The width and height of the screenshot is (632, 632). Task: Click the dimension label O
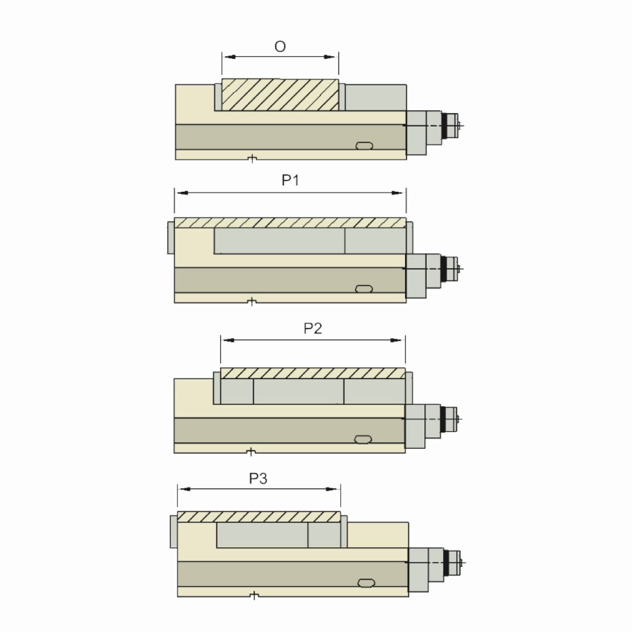coord(280,47)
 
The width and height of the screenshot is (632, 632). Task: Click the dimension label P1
coord(290,181)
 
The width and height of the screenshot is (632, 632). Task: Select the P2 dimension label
coord(313,329)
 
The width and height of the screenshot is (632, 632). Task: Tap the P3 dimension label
coord(258,478)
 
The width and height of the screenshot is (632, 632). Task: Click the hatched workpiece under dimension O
coord(280,95)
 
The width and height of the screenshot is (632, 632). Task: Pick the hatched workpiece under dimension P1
coord(290,223)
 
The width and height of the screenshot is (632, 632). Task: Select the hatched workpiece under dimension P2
coord(313,373)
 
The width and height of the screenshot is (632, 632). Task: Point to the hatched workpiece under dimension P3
coord(259,517)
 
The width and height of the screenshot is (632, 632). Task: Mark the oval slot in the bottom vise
coord(367,582)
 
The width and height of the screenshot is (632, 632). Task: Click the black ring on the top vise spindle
coord(450,125)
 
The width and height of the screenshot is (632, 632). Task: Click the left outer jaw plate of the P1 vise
coord(171,238)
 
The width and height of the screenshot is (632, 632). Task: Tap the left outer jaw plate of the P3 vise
coord(174,532)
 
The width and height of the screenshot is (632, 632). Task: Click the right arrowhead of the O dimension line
coord(331,57)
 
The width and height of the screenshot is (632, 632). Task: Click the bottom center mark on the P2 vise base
coord(252,451)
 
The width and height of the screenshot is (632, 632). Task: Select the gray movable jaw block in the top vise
coord(376,97)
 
